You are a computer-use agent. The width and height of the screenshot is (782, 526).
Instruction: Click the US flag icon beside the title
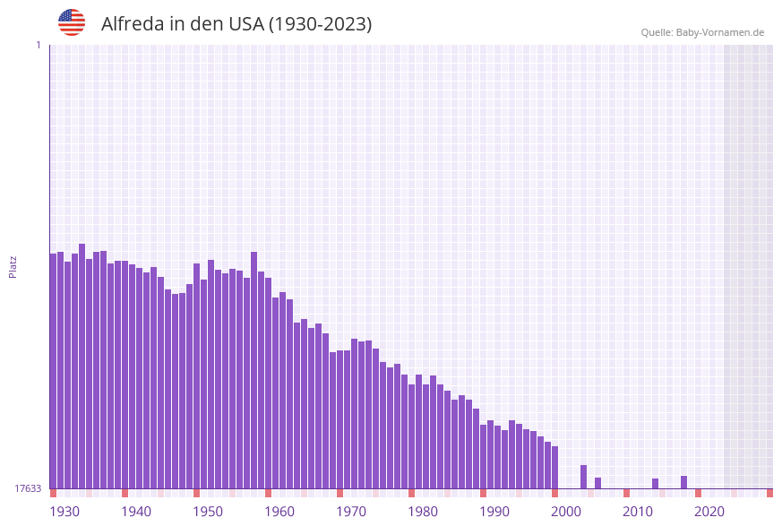tap(72, 22)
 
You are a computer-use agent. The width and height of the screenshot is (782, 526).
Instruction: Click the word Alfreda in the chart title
tap(132, 24)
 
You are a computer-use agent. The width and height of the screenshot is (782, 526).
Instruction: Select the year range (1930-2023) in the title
tap(320, 24)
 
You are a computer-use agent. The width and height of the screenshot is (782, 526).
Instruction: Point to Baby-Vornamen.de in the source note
tap(720, 32)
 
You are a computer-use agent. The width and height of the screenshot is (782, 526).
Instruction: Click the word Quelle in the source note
tap(656, 32)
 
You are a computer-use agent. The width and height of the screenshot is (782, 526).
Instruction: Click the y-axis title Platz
tap(13, 266)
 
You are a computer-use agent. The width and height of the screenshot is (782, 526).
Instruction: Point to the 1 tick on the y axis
tap(39, 45)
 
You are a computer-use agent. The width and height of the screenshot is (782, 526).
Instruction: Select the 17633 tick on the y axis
tap(28, 488)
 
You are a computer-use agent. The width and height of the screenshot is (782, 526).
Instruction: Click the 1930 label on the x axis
tap(64, 512)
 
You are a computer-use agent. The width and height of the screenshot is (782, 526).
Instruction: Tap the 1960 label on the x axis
tap(279, 512)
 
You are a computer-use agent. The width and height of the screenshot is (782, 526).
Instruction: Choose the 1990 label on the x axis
tap(494, 512)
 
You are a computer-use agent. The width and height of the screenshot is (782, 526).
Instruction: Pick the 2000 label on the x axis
tap(566, 512)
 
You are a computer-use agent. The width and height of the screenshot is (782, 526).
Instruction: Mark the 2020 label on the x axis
tap(709, 512)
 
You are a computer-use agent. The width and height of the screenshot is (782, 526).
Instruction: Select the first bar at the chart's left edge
tap(54, 371)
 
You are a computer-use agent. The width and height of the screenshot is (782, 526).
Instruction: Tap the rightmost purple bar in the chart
tap(684, 482)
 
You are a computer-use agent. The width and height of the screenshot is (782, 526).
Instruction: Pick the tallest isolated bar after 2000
tap(584, 477)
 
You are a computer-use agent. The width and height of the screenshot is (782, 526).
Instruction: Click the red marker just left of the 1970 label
tap(340, 493)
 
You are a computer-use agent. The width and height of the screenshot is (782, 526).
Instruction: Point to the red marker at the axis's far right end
tap(769, 493)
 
